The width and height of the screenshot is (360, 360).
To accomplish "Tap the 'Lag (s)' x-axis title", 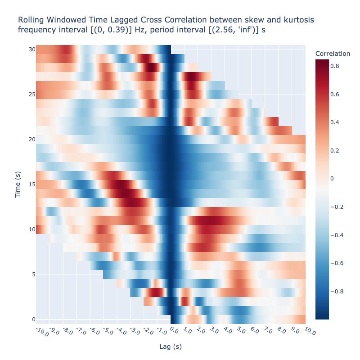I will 171,346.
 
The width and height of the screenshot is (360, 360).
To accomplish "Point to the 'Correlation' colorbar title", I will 333,54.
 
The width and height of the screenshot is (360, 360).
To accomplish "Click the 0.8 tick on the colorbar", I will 336,66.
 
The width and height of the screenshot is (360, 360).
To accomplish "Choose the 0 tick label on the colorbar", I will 332,179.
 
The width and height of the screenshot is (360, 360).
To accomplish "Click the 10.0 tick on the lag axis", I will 310,332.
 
